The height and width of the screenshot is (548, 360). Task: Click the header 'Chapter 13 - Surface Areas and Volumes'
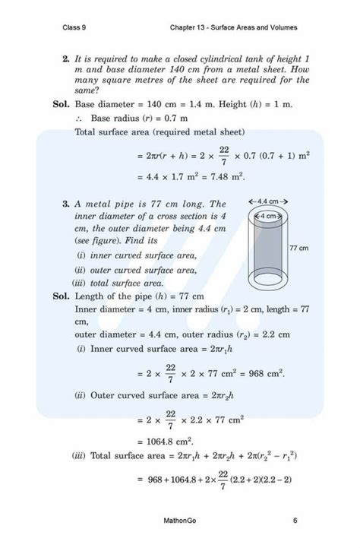pos(235,27)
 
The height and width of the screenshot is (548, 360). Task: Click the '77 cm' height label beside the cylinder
pos(298,249)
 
